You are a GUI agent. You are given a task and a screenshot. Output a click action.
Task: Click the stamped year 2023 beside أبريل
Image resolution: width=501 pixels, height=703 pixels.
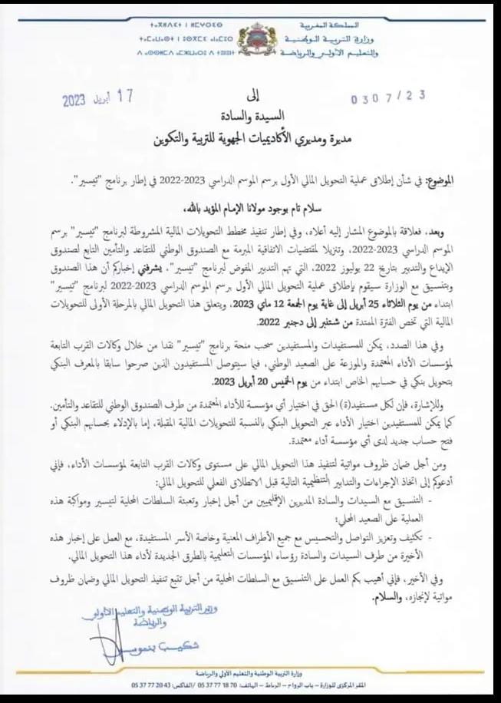pyautogui.click(x=74, y=101)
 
